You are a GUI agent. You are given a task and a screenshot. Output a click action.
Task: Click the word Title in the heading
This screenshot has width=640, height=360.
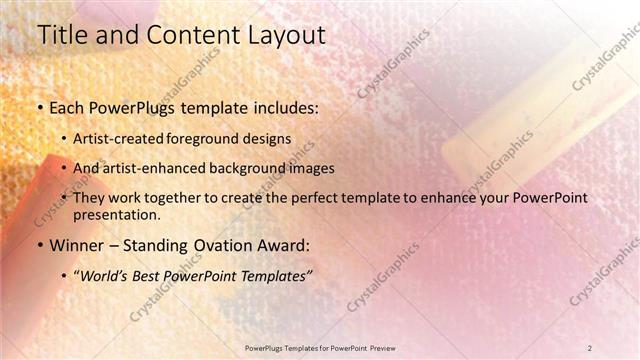61,35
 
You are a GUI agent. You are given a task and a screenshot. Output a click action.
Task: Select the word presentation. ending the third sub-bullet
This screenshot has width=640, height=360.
115,214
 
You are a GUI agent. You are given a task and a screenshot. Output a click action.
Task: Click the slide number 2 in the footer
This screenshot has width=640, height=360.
590,347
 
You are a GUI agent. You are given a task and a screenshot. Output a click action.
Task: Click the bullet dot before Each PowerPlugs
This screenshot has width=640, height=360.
39,106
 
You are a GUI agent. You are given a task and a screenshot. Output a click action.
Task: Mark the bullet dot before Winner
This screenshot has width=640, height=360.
39,244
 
